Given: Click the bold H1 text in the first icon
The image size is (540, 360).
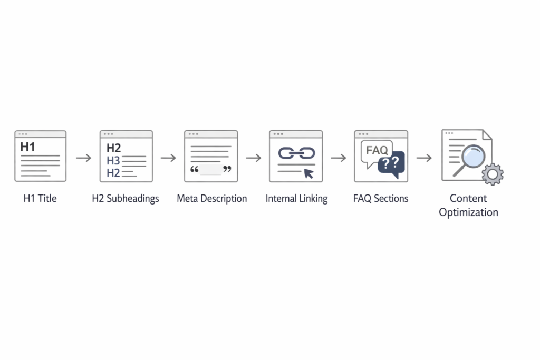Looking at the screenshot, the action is pyautogui.click(x=27, y=147).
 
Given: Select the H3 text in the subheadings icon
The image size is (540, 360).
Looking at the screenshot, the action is pyautogui.click(x=113, y=160).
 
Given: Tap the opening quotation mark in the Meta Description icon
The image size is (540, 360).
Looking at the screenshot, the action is pyautogui.click(x=194, y=169).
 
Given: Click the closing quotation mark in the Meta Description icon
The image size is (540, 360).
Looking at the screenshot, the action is pyautogui.click(x=227, y=169).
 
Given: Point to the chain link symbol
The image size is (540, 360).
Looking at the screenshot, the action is pyautogui.click(x=296, y=153).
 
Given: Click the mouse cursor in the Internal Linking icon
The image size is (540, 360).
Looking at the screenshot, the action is pyautogui.click(x=308, y=173).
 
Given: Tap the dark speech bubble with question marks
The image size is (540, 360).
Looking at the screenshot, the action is pyautogui.click(x=391, y=164).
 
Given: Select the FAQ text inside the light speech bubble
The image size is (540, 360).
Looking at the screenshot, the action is pyautogui.click(x=377, y=150).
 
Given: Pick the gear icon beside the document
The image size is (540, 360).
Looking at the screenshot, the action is pyautogui.click(x=493, y=174).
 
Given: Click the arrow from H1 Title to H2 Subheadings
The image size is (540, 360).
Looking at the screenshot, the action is pyautogui.click(x=84, y=158).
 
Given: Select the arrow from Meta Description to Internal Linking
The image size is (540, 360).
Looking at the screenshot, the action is pyautogui.click(x=254, y=158).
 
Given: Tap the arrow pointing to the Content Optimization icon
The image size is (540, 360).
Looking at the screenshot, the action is pyautogui.click(x=424, y=158).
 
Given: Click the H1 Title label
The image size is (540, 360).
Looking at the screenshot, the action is pyautogui.click(x=40, y=199).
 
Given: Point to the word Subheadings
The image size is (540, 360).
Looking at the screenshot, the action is pyautogui.click(x=132, y=199).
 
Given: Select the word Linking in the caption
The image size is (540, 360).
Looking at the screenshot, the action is pyautogui.click(x=313, y=199).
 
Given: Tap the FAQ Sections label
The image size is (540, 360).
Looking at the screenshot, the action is pyautogui.click(x=381, y=199).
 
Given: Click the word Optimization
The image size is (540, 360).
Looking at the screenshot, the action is pyautogui.click(x=468, y=213).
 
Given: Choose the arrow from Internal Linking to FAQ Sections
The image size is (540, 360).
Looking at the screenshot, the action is pyautogui.click(x=339, y=158).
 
